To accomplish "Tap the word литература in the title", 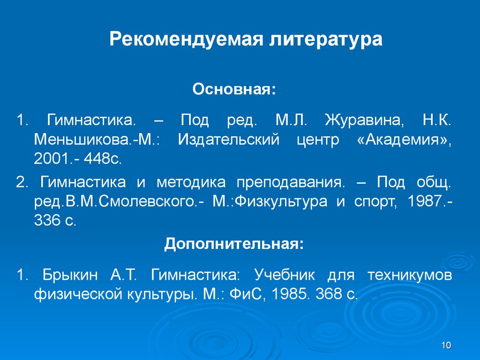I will (326, 39).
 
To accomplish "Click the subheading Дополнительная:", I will (234, 244).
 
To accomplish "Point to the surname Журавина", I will (364, 121).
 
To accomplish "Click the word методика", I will (191, 182).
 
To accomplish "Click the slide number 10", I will (446, 345).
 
